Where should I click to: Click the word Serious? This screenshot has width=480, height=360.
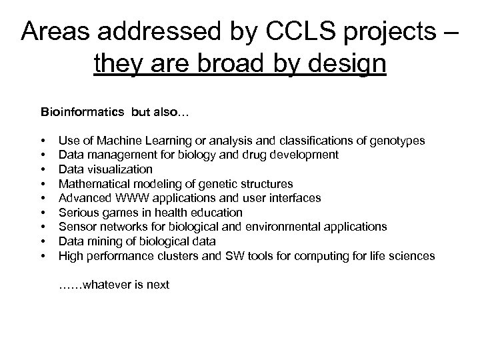[x=77, y=213]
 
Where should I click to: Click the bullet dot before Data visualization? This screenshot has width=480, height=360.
[x=43, y=169]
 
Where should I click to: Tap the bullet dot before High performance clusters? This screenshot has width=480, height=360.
[x=43, y=255]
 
